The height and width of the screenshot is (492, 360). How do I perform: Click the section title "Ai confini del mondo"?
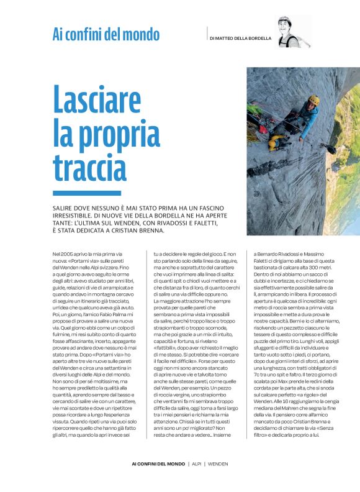[106, 35]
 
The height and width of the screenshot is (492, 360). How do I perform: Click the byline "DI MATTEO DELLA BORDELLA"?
[241, 38]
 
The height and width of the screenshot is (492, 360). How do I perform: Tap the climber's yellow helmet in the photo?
[313, 100]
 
